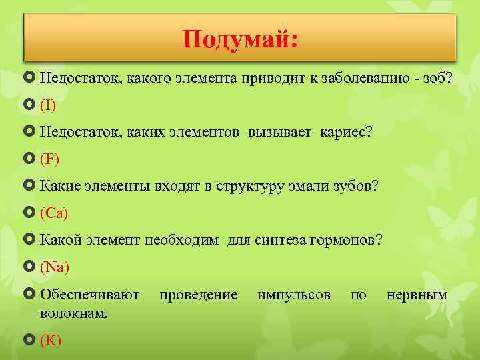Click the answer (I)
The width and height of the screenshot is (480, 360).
(48, 105)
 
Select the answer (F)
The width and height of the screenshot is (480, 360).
(49, 159)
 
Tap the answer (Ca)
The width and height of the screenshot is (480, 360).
(54, 213)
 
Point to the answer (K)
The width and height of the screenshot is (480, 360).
(51, 341)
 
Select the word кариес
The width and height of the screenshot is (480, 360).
(346, 132)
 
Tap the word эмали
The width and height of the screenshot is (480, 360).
(302, 187)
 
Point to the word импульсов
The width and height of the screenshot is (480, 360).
(293, 295)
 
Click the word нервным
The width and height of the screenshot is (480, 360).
(417, 295)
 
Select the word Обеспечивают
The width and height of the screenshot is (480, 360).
(90, 295)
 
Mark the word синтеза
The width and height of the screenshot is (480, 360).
(281, 241)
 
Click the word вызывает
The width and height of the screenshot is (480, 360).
(279, 132)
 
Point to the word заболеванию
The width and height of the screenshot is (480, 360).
(363, 78)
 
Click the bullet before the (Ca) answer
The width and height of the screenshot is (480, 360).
(31, 213)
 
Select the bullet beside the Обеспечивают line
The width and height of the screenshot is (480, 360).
(31, 295)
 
